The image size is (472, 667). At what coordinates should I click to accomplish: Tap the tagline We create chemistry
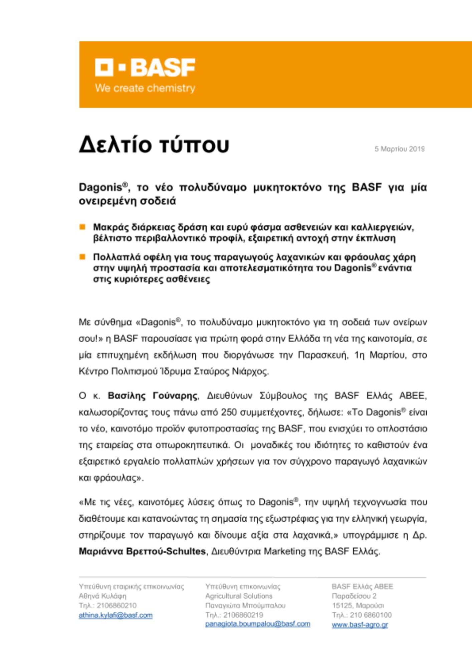click(145, 88)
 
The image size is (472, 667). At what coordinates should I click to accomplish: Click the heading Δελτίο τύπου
click(154, 145)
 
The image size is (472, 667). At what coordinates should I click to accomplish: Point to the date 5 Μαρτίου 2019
click(399, 149)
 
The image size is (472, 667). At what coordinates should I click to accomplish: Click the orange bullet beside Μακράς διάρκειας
click(82, 227)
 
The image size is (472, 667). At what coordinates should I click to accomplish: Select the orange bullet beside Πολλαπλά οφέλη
click(82, 257)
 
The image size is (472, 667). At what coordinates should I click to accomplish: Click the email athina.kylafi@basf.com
click(115, 615)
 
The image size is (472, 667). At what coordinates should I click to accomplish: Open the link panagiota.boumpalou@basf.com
click(257, 624)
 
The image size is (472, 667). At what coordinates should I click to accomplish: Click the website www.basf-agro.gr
click(360, 625)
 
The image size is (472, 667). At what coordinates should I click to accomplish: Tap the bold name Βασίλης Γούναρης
click(153, 396)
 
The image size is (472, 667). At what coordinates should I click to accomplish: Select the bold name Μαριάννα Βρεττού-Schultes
click(142, 551)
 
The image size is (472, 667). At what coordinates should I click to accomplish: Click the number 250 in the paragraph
click(229, 413)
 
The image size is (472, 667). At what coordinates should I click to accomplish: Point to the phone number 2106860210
click(116, 606)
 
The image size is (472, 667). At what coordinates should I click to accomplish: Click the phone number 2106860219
click(243, 615)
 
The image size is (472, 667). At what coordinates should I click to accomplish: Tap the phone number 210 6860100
click(371, 615)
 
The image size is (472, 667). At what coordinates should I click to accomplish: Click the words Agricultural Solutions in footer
click(239, 596)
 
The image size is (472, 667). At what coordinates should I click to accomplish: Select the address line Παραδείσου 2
click(354, 596)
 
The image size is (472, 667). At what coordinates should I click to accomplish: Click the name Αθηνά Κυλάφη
click(102, 596)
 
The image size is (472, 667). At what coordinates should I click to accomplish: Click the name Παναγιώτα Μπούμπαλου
click(245, 606)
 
